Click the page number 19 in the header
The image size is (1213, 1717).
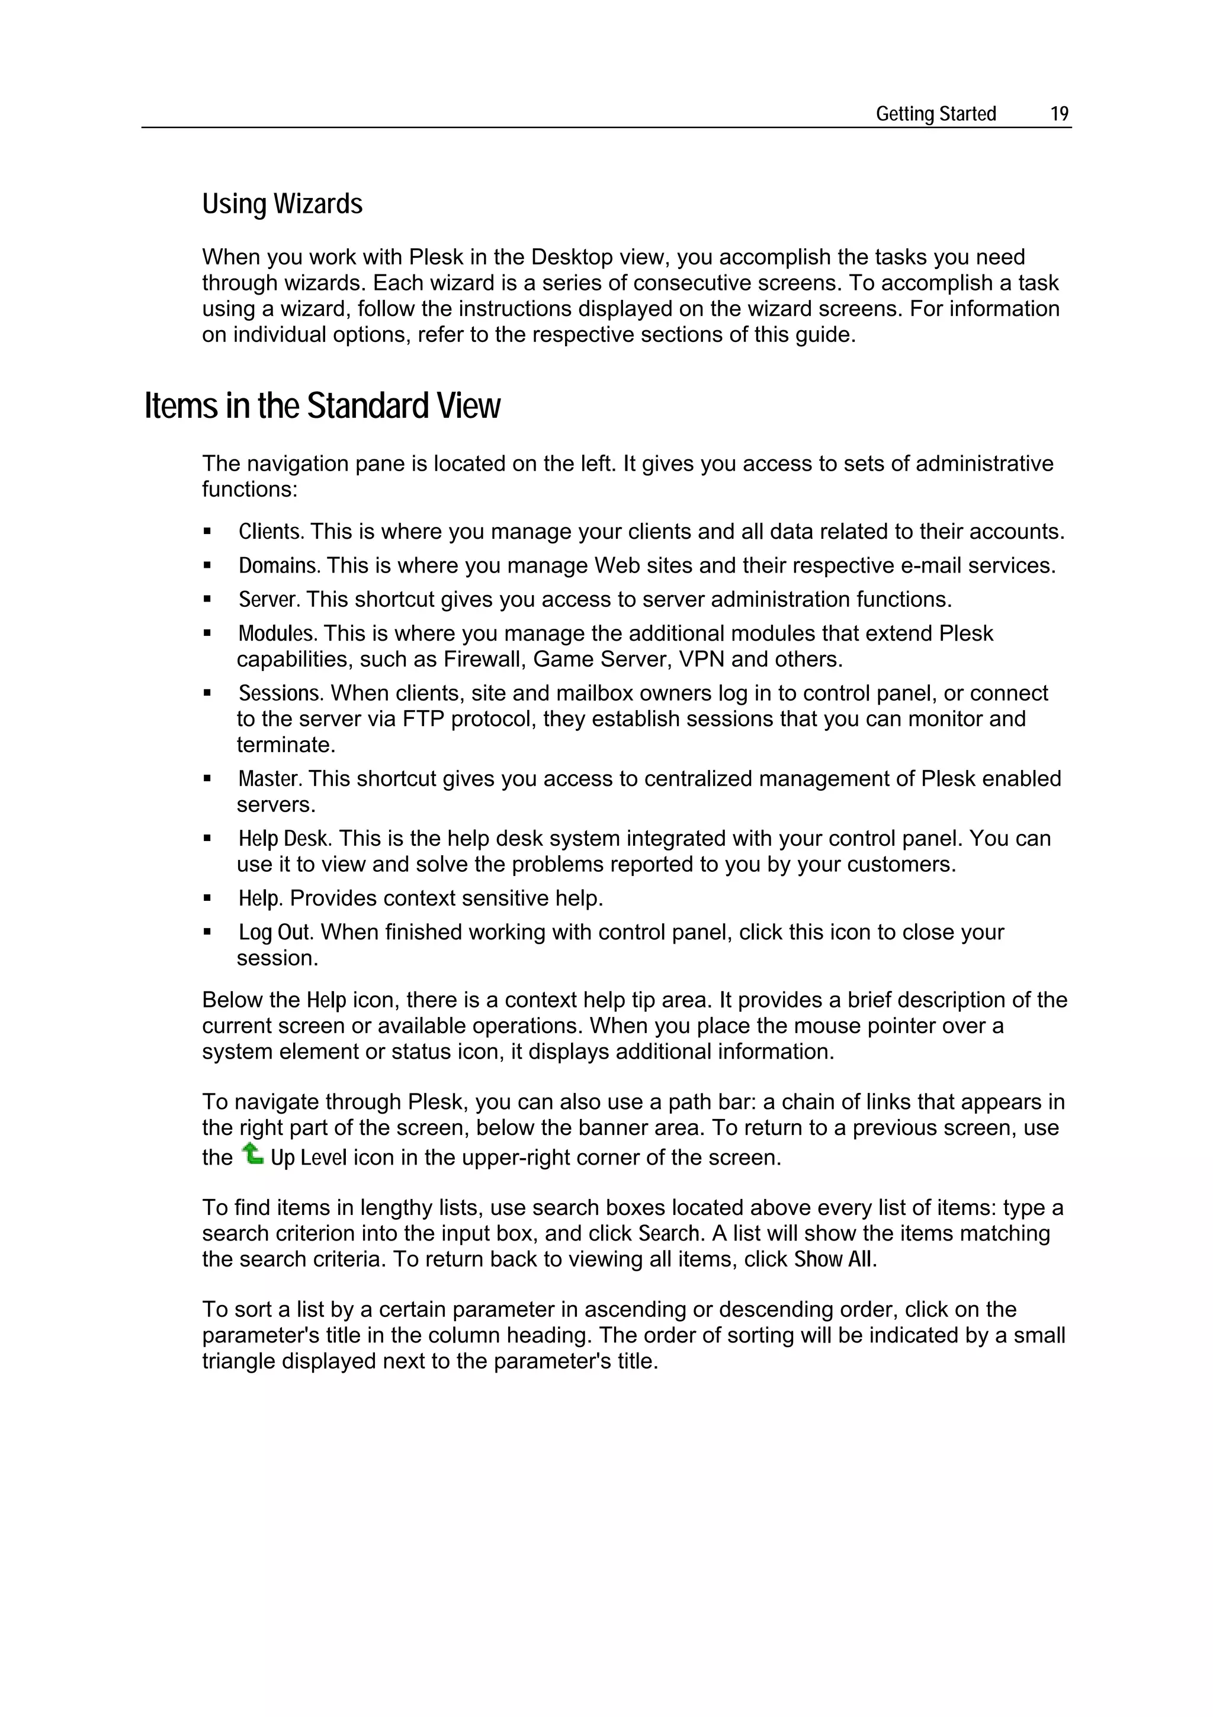[x=1059, y=114]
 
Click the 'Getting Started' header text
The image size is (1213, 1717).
[x=936, y=114]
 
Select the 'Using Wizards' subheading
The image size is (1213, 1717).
[x=282, y=204]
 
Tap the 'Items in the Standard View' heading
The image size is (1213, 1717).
[x=322, y=406]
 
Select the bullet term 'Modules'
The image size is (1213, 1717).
[x=277, y=634]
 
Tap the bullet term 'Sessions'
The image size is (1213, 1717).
[x=280, y=693]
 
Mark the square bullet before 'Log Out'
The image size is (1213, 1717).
[x=207, y=932]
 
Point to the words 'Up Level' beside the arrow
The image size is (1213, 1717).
[x=309, y=1158]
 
